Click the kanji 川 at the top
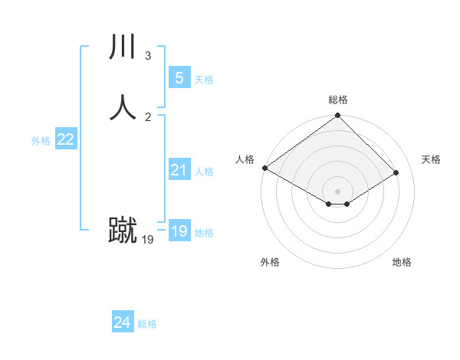pyautogui.click(x=123, y=47)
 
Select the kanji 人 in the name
pyautogui.click(x=123, y=106)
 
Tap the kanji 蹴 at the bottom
pyautogui.click(x=123, y=230)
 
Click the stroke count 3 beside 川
pyautogui.click(x=147, y=56)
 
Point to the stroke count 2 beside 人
pyautogui.click(x=147, y=116)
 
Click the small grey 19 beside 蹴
pyautogui.click(x=148, y=240)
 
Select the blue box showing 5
pyautogui.click(x=179, y=77)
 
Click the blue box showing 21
pyautogui.click(x=179, y=170)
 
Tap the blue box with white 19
pyautogui.click(x=179, y=231)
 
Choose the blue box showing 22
pyautogui.click(x=65, y=139)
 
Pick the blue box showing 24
pyautogui.click(x=122, y=322)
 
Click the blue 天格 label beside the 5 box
pyautogui.click(x=204, y=80)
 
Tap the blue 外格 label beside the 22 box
pyautogui.click(x=41, y=141)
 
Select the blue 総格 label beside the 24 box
pyautogui.click(x=147, y=324)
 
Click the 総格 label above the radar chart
pyautogui.click(x=338, y=100)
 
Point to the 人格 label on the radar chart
pyautogui.click(x=245, y=159)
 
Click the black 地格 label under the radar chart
pyautogui.click(x=402, y=262)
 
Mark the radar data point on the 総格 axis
pyautogui.click(x=338, y=116)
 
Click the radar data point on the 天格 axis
pyautogui.click(x=396, y=173)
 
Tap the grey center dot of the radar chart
pyautogui.click(x=338, y=191)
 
